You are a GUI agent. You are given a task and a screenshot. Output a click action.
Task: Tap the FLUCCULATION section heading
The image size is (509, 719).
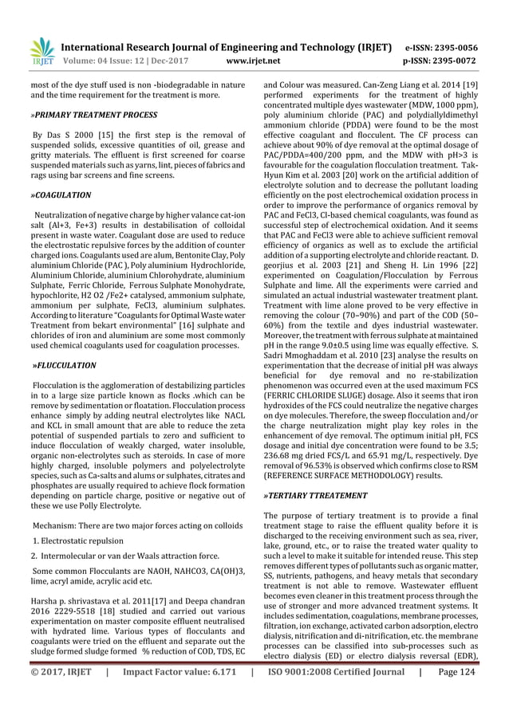tap(64, 365)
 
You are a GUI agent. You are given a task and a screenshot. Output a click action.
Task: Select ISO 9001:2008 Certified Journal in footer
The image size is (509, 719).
tap(334, 693)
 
